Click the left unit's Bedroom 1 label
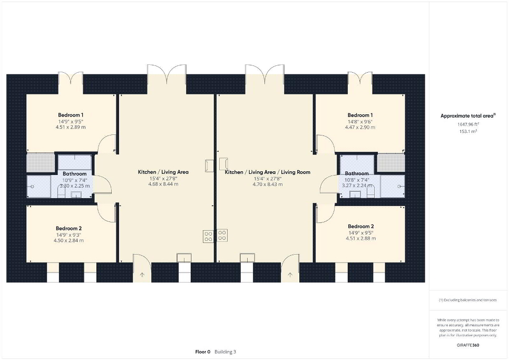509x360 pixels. pyautogui.click(x=71, y=115)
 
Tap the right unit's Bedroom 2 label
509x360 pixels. pyautogui.click(x=360, y=226)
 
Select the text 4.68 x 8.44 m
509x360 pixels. pyautogui.click(x=163, y=184)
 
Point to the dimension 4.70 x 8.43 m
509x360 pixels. pyautogui.click(x=268, y=184)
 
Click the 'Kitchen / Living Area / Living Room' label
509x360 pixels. pyautogui.click(x=268, y=172)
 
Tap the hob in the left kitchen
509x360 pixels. pyautogui.click(x=208, y=236)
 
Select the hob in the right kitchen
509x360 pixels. pyautogui.click(x=222, y=236)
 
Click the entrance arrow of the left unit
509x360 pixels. pyautogui.click(x=142, y=275)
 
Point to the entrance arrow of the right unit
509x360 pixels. pyautogui.click(x=290, y=275)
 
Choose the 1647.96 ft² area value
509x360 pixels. pyautogui.click(x=468, y=124)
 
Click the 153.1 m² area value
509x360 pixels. pyautogui.click(x=468, y=131)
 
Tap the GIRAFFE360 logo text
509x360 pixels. pyautogui.click(x=468, y=345)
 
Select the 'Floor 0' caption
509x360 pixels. pyautogui.click(x=203, y=352)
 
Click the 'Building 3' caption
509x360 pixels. pyautogui.click(x=226, y=352)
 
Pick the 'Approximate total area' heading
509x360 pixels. pyautogui.click(x=468, y=115)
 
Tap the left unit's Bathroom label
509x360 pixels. pyautogui.click(x=75, y=173)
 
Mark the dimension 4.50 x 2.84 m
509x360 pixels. pyautogui.click(x=68, y=240)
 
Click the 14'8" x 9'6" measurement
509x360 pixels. pyautogui.click(x=360, y=122)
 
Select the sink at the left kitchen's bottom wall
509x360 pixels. pyautogui.click(x=184, y=258)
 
